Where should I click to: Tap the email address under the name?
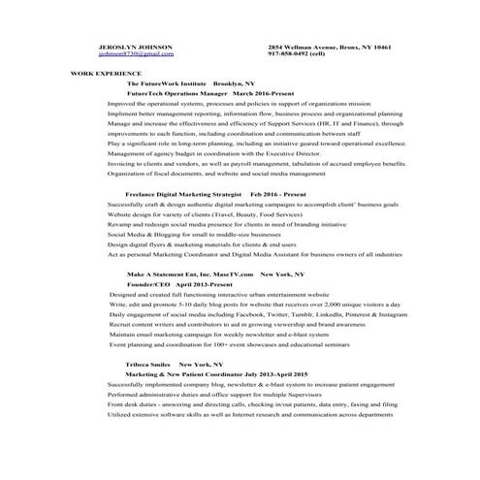[x=137, y=53]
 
